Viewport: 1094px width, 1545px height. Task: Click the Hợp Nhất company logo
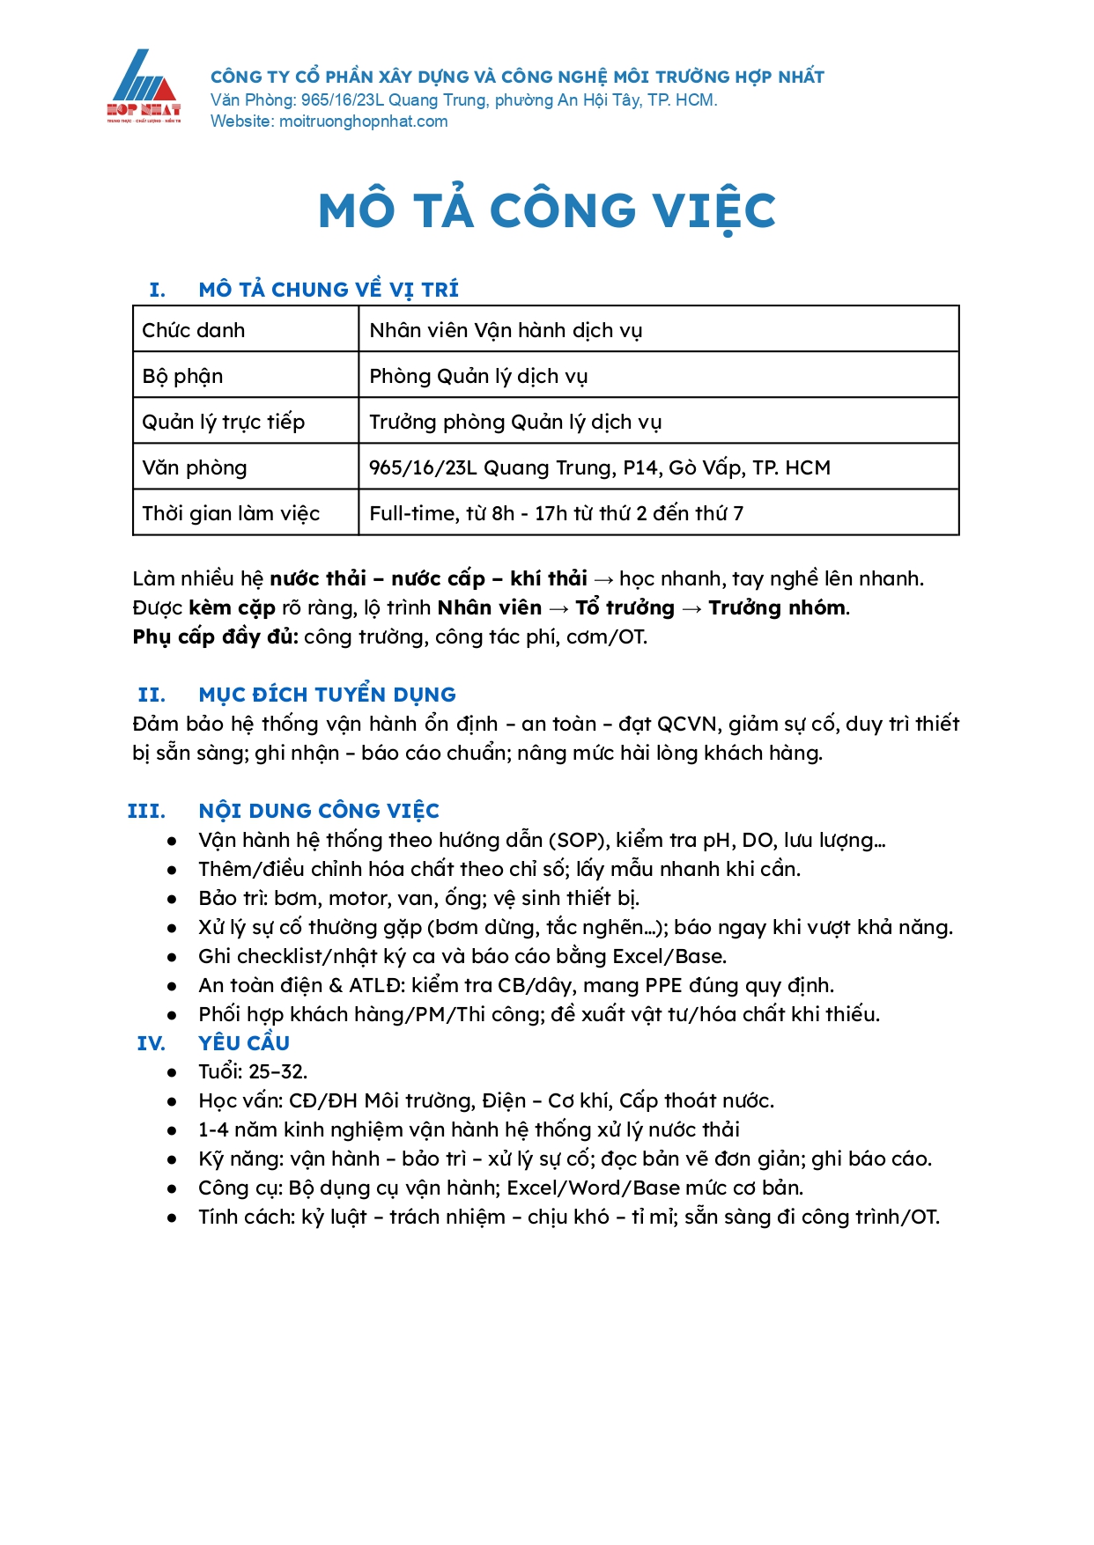point(144,86)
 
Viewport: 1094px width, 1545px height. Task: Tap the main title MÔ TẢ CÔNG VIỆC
point(546,211)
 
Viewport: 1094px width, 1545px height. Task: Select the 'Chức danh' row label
point(194,330)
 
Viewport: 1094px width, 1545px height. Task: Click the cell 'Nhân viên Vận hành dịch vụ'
point(506,330)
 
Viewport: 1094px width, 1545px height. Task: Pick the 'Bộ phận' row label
point(183,376)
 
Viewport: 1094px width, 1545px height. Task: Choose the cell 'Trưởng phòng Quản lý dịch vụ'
point(515,422)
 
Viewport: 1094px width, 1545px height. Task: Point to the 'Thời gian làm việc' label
point(231,513)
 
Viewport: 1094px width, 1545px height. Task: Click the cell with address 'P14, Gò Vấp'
point(600,467)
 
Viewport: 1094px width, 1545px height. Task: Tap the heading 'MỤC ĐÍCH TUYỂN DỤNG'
point(327,695)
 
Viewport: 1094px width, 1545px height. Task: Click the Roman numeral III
point(146,811)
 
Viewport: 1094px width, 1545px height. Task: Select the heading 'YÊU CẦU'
point(244,1043)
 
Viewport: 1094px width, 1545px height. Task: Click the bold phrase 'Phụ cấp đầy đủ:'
point(216,636)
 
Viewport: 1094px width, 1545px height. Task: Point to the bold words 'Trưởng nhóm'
point(778,607)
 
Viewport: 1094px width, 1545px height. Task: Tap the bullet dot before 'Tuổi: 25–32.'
point(173,1072)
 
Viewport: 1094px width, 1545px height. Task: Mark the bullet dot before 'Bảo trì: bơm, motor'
point(173,898)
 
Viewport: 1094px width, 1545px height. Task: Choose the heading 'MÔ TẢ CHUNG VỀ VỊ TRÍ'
point(329,290)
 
